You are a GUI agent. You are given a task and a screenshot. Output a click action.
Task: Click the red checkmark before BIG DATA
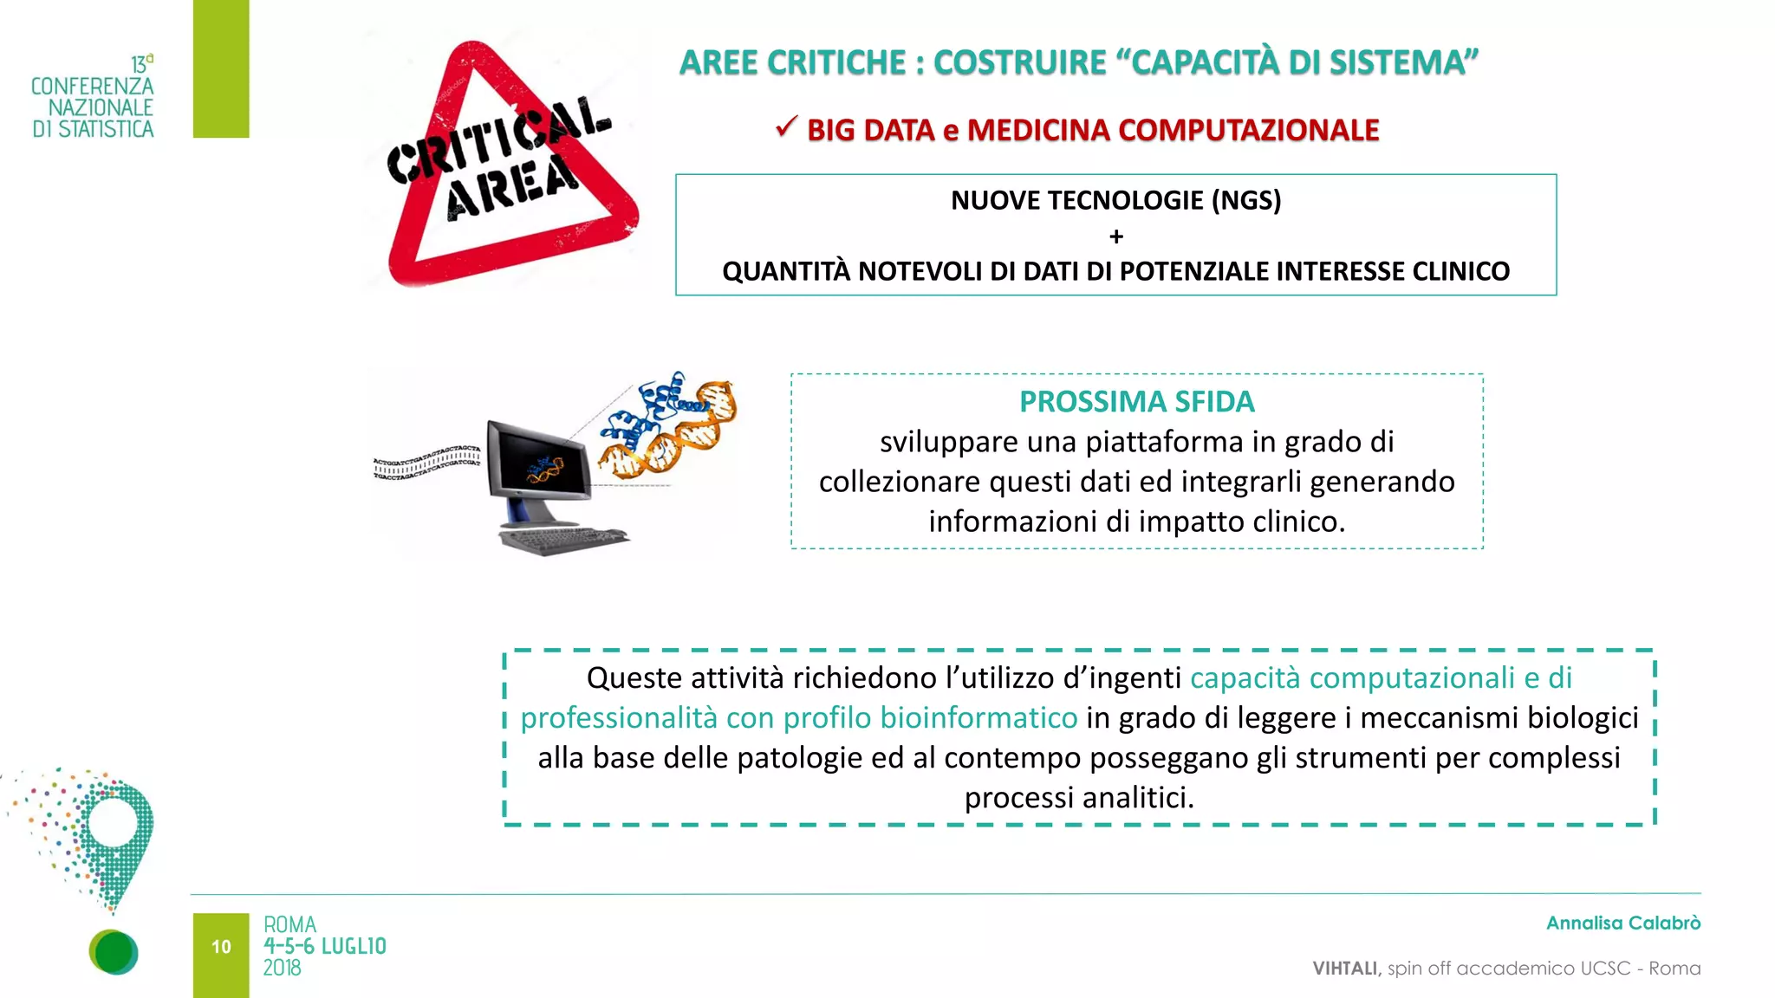[786, 127]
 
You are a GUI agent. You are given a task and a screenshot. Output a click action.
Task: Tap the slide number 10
[221, 947]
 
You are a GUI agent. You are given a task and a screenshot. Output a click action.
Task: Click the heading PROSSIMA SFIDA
[1136, 402]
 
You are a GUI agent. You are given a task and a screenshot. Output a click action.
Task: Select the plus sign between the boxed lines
[1115, 237]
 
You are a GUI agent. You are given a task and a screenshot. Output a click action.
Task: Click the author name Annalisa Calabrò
[1622, 923]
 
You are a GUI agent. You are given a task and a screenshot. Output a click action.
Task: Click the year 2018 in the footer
[283, 969]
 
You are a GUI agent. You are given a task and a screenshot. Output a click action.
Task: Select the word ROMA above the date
[289, 924]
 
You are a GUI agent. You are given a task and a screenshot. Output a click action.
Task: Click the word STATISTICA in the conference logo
[106, 129]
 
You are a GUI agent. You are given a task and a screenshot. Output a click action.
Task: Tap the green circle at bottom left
[114, 952]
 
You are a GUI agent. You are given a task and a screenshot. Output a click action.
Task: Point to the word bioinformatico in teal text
[979, 717]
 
